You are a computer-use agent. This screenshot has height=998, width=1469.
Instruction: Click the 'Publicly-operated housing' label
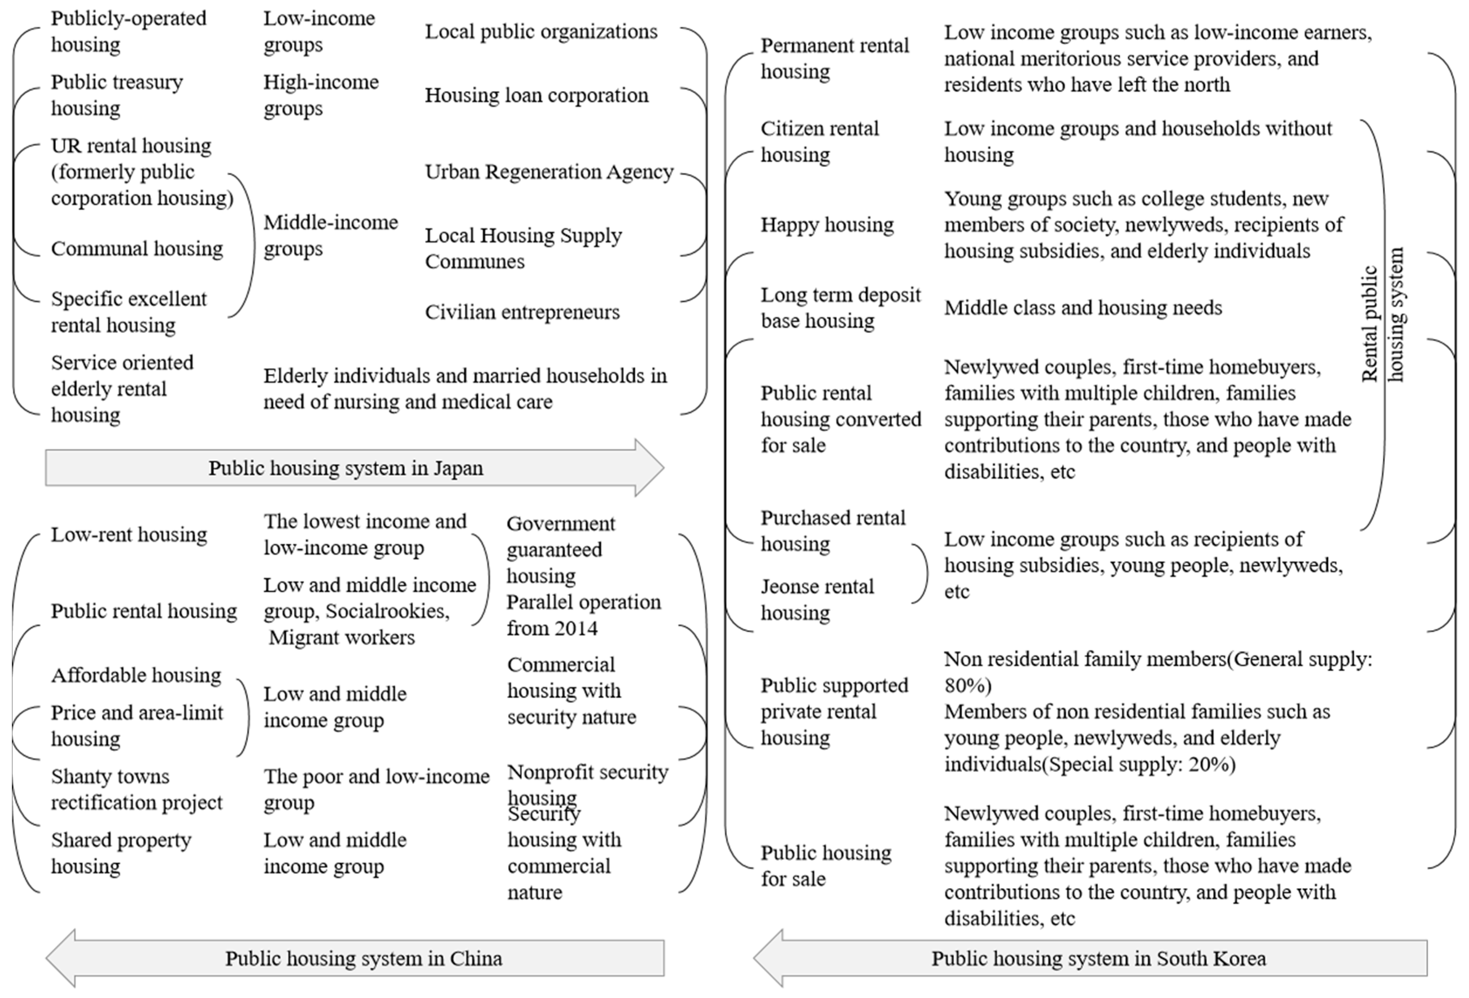tap(128, 31)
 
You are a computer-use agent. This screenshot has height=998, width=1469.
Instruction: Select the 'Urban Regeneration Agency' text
tap(549, 172)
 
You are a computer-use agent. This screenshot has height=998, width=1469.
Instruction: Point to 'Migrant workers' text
tap(341, 637)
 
